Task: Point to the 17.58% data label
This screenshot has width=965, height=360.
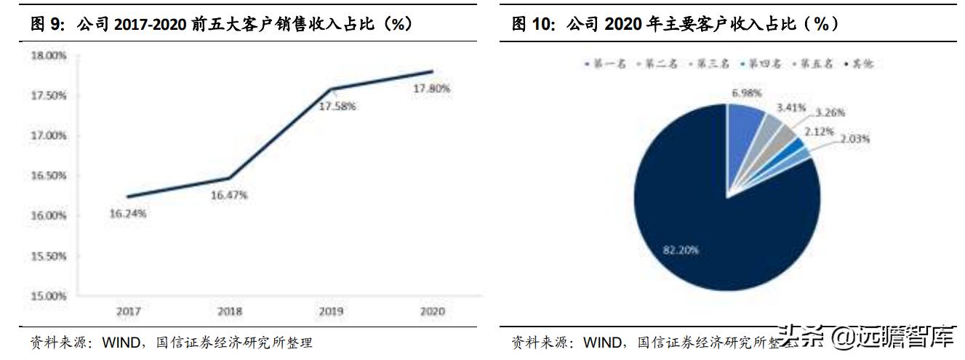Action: (337, 106)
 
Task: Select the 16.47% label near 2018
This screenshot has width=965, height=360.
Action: (230, 195)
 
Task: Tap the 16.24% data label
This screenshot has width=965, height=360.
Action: (127, 214)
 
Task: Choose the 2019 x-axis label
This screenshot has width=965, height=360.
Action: (331, 312)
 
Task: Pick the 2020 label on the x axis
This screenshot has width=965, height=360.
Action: (433, 312)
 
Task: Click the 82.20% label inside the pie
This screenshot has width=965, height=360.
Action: (681, 249)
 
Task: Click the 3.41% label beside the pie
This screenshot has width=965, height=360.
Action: (791, 108)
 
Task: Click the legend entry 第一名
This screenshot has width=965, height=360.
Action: (604, 64)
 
